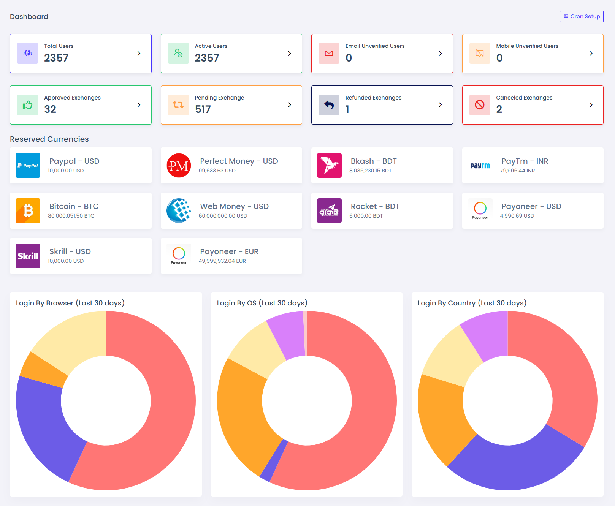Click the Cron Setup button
tap(582, 16)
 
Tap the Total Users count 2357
tap(56, 58)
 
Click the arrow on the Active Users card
tap(290, 54)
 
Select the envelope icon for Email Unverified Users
tap(329, 54)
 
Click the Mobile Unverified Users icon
tap(480, 54)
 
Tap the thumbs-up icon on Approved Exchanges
tap(28, 105)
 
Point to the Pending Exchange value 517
tap(203, 109)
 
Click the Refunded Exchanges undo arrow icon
tap(329, 105)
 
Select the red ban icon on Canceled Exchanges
tap(480, 105)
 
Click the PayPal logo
tap(28, 166)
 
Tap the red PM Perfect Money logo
tap(179, 166)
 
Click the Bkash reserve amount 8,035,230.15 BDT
tap(370, 171)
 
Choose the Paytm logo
tap(480, 166)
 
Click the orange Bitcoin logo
tap(28, 211)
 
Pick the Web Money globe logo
tap(179, 211)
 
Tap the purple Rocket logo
tap(329, 211)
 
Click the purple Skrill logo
tap(28, 256)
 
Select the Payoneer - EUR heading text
tap(229, 251)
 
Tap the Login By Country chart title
tap(472, 303)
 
